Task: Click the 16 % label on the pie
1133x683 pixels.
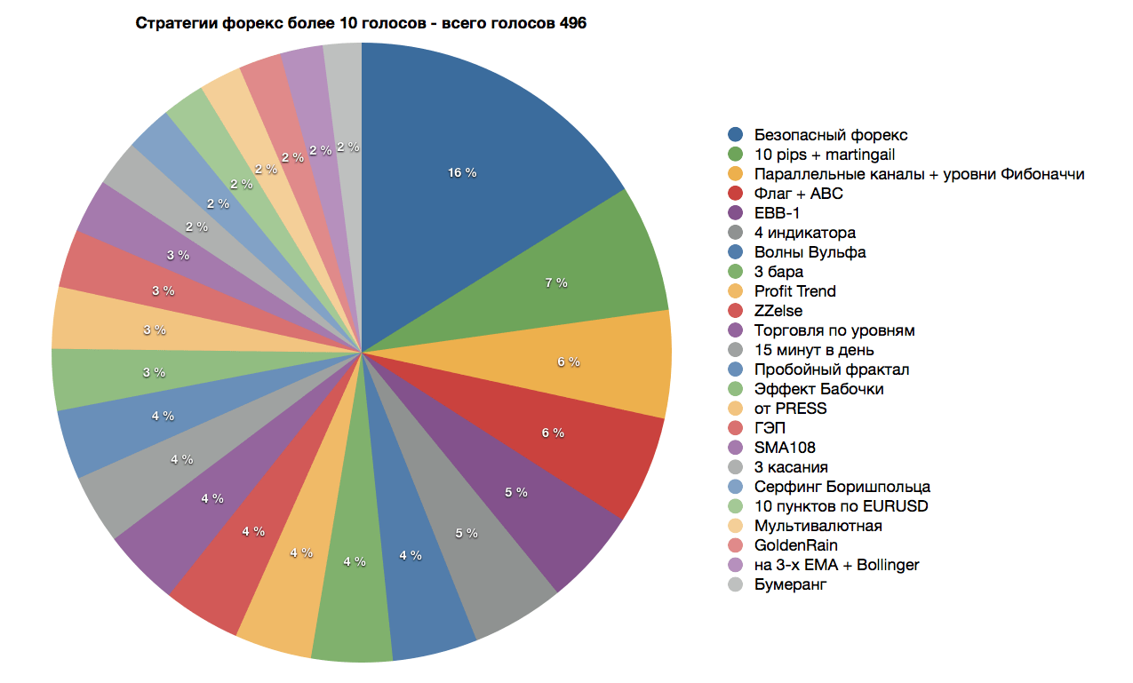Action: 462,172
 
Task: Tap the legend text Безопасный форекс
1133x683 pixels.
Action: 831,135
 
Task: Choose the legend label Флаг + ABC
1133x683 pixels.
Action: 799,194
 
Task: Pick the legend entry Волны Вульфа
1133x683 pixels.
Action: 810,252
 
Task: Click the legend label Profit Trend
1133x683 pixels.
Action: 794,291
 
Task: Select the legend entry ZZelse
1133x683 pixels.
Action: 778,311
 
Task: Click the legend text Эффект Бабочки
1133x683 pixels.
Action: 818,389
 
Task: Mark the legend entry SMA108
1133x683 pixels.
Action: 785,448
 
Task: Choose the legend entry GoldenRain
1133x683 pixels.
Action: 796,545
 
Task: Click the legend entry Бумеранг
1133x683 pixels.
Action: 790,584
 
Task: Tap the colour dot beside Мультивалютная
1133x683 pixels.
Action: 735,526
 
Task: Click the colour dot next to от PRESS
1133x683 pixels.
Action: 735,409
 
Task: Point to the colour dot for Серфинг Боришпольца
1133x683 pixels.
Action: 735,487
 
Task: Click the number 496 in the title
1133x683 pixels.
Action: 572,24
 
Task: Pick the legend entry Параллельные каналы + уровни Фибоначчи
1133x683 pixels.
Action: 919,174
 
